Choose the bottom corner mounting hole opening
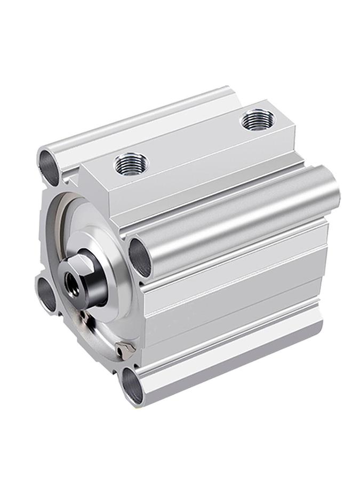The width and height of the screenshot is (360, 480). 132,385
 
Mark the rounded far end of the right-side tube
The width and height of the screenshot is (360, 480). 333,192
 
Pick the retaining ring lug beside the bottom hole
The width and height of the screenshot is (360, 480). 124,349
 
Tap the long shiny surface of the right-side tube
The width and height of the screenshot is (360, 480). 240,219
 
